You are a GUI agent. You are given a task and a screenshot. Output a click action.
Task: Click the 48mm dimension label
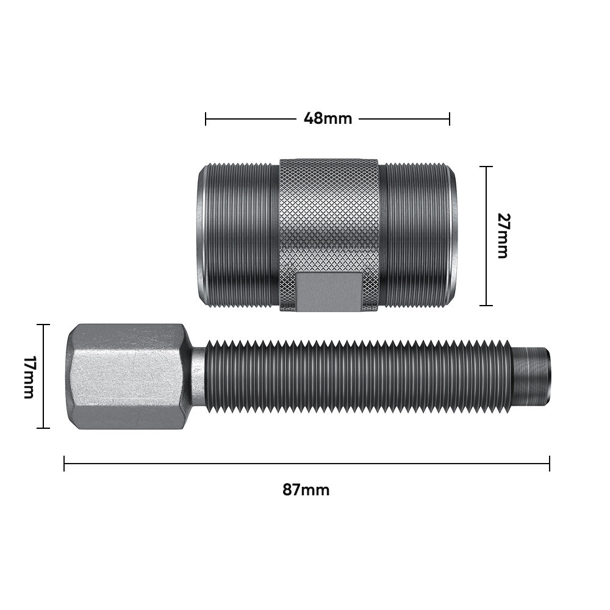click(328, 118)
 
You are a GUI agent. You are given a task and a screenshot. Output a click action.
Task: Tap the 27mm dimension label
click(503, 235)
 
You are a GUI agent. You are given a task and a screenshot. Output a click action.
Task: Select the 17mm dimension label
click(29, 377)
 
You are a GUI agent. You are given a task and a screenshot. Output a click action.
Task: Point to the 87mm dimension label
click(306, 490)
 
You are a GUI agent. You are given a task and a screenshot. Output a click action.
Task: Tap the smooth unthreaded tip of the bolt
click(531, 376)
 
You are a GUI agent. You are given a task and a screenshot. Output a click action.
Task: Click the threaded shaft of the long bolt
click(358, 376)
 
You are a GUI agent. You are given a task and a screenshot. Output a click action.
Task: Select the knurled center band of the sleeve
click(329, 235)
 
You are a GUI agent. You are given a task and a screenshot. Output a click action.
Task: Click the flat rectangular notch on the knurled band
click(328, 292)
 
